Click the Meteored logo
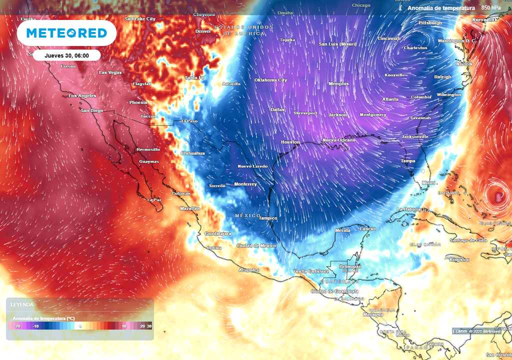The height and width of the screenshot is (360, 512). (x=66, y=33)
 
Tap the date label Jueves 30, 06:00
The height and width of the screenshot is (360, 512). (x=66, y=55)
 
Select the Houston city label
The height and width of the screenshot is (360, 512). (x=290, y=142)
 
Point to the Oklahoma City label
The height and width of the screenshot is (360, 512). (x=270, y=80)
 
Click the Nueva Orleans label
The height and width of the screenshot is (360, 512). (x=338, y=140)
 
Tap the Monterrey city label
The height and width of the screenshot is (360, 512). (x=245, y=184)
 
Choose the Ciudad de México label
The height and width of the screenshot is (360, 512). (x=256, y=245)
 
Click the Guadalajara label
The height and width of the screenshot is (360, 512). (x=217, y=233)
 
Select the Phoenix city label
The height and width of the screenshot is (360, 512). (x=138, y=102)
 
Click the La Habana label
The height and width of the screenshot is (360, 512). (x=410, y=209)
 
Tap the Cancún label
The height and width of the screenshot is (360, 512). (x=367, y=229)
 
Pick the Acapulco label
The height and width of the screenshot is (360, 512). (x=248, y=270)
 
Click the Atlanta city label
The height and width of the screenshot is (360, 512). (x=390, y=99)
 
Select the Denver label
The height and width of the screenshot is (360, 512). (x=203, y=31)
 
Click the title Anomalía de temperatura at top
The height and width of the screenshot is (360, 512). (x=440, y=8)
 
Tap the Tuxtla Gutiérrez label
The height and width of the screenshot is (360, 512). (x=310, y=271)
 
